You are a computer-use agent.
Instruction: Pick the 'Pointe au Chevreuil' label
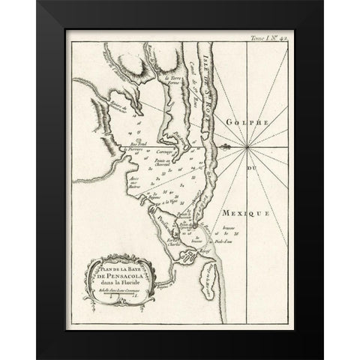pos(187,166)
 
